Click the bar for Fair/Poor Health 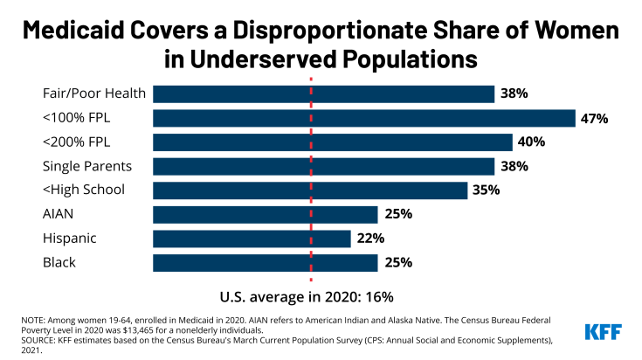click(323, 93)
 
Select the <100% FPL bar click(363, 118)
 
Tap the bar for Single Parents click(323, 166)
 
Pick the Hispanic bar click(252, 239)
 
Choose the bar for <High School click(310, 190)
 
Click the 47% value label click(596, 118)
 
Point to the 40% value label click(533, 142)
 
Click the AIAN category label click(59, 214)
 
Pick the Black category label click(59, 262)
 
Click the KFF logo click(604, 331)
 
